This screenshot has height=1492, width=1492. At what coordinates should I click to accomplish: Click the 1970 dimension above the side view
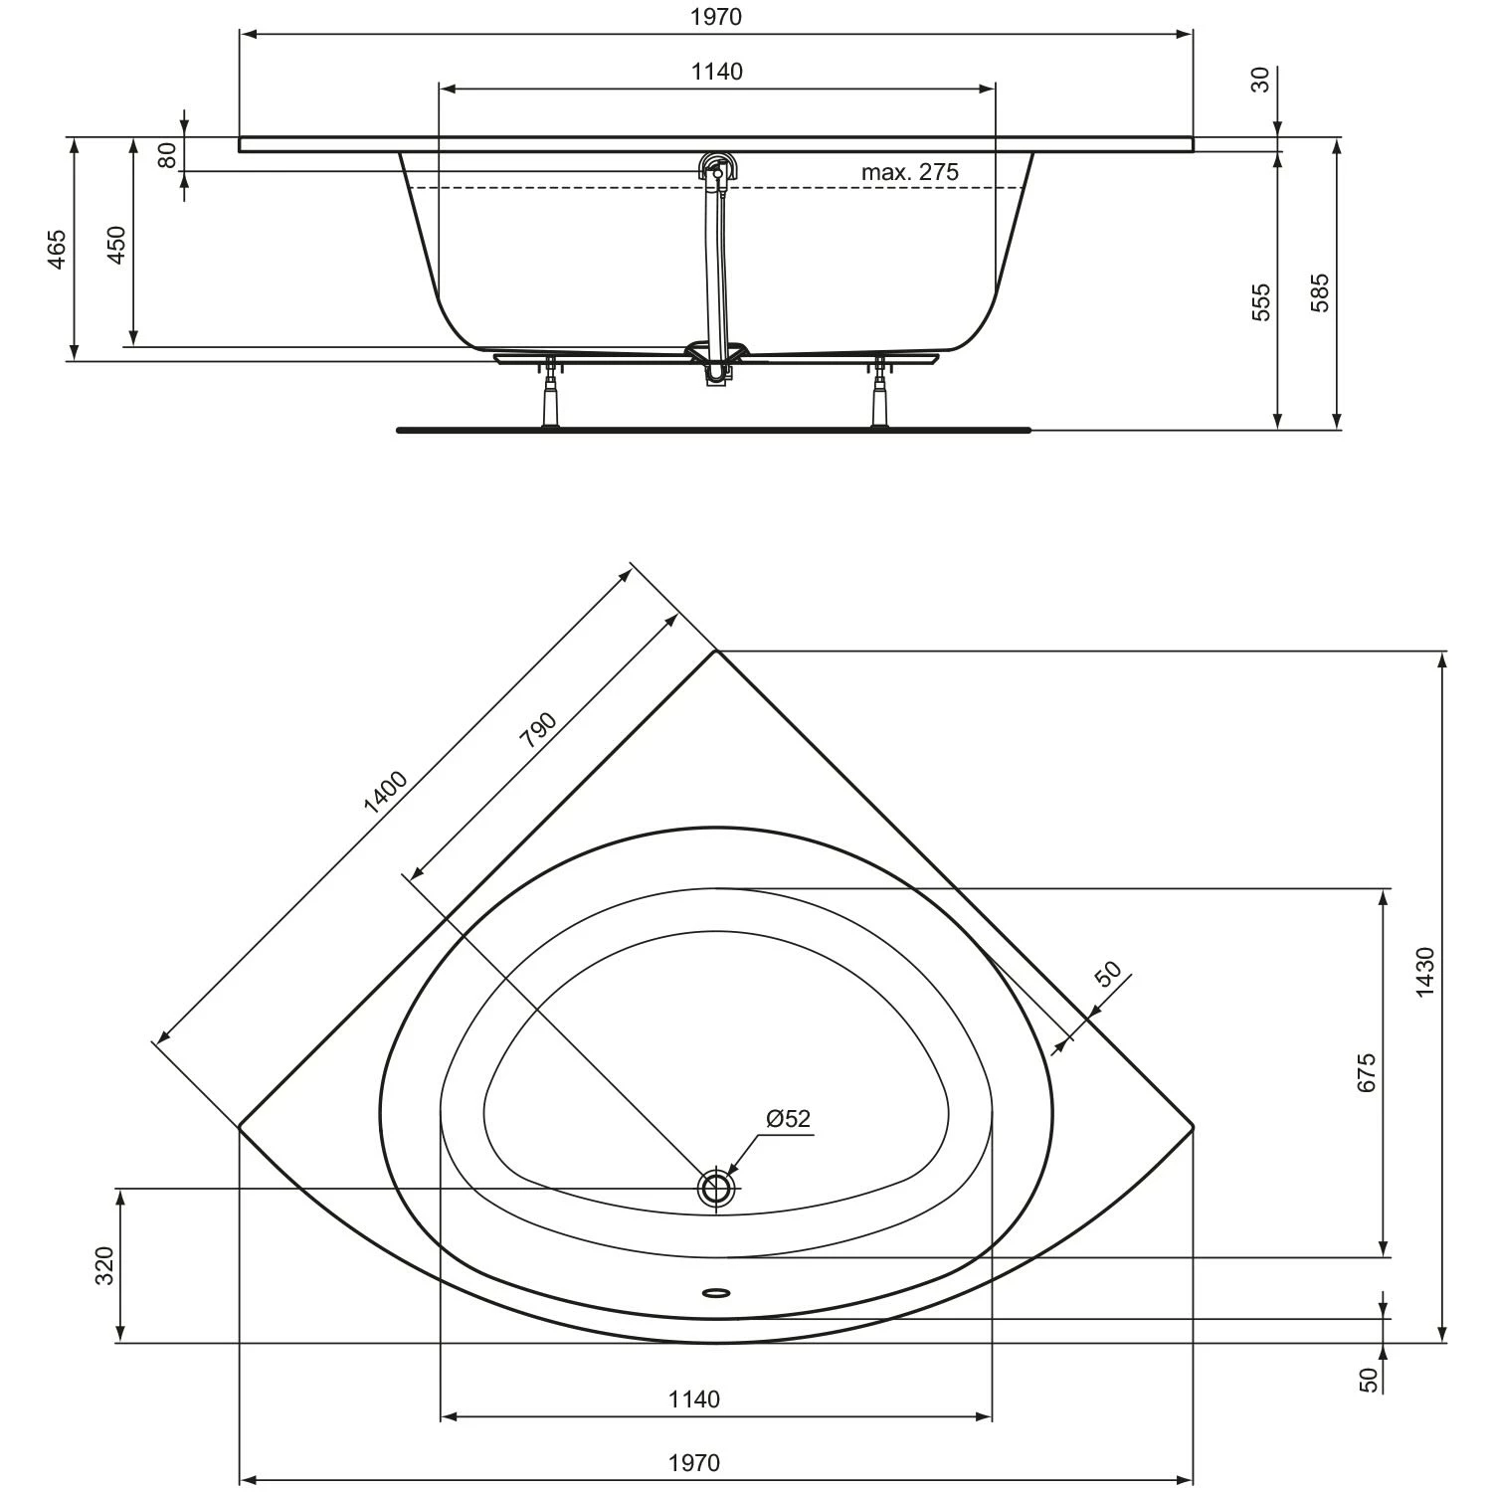point(716,17)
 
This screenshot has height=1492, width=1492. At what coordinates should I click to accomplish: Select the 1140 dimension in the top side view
point(716,72)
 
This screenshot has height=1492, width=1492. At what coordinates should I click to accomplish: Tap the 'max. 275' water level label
point(909,172)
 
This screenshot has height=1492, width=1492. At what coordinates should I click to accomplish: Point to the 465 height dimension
point(57,249)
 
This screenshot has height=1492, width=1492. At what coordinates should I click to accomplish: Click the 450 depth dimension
point(116,245)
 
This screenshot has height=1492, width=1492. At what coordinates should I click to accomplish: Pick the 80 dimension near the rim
point(167,154)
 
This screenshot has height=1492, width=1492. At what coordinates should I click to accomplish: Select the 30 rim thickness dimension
point(1260,80)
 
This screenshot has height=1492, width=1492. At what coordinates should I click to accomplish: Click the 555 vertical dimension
point(1260,301)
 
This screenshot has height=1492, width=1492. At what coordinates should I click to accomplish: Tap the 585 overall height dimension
point(1319,293)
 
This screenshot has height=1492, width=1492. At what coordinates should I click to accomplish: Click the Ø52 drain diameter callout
point(788,1119)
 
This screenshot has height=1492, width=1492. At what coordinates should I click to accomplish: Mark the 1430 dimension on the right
point(1424,973)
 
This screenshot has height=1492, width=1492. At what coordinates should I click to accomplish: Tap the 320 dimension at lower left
point(105,1265)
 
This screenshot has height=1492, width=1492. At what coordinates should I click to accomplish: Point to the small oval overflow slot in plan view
point(716,1293)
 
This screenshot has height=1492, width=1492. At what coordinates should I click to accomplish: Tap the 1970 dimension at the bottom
point(693,1463)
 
